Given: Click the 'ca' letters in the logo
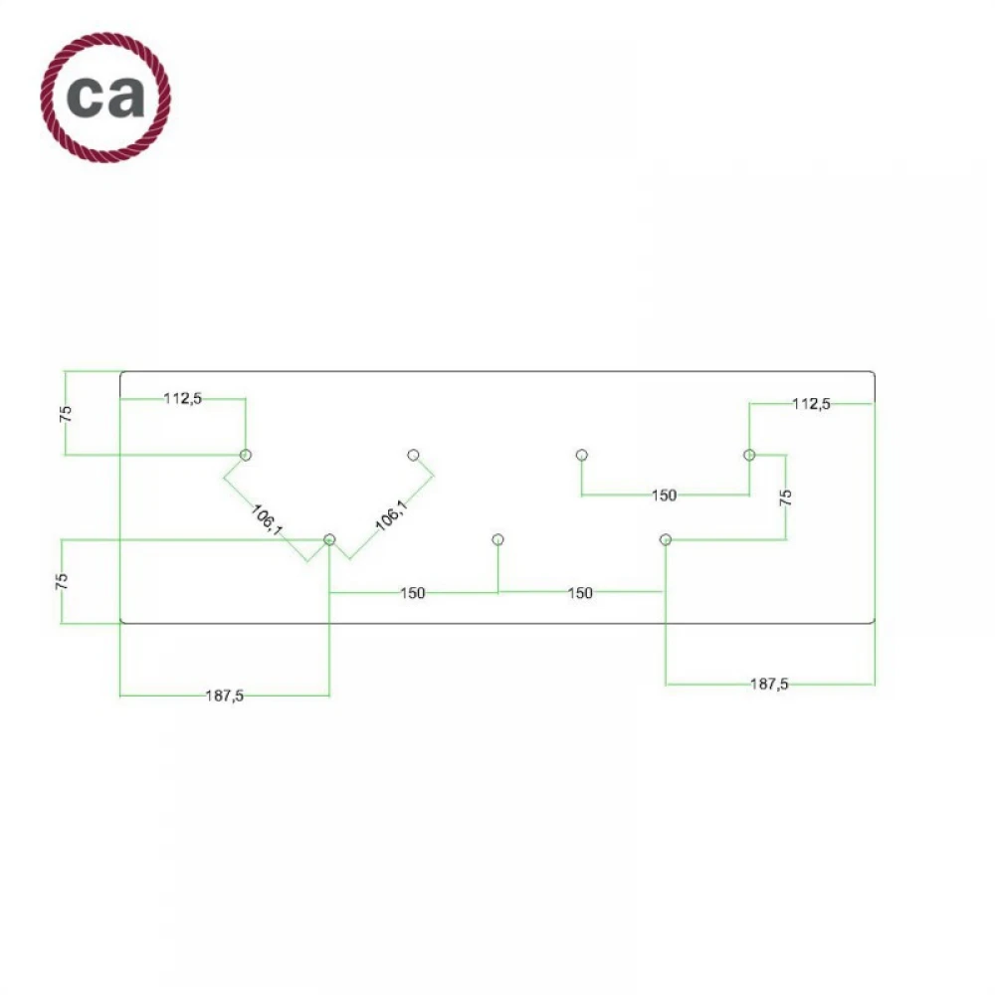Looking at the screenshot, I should [105, 97].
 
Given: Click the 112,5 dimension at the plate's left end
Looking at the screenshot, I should [183, 399].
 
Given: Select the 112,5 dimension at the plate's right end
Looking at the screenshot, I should [811, 403].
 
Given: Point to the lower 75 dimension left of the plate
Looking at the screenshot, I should [62, 581].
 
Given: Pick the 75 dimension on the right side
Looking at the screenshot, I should [785, 498].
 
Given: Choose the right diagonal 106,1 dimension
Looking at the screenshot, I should [390, 515].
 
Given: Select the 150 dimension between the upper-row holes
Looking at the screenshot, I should [664, 495].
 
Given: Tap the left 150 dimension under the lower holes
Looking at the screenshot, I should [413, 593].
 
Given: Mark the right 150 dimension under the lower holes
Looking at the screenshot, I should [580, 593].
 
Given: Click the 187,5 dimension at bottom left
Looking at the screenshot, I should [225, 696].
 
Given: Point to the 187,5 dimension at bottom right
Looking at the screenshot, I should [770, 685].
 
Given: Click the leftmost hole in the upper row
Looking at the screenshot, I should [246, 455].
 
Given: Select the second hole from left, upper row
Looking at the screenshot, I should [414, 455].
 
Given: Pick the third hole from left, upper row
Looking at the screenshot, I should [582, 455].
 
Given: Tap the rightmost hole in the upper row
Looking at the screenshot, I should [749, 455].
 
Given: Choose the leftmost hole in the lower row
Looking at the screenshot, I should [329, 539].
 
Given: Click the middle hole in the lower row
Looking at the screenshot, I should [497, 539].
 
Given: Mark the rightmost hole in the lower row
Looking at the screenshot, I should [666, 539].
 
